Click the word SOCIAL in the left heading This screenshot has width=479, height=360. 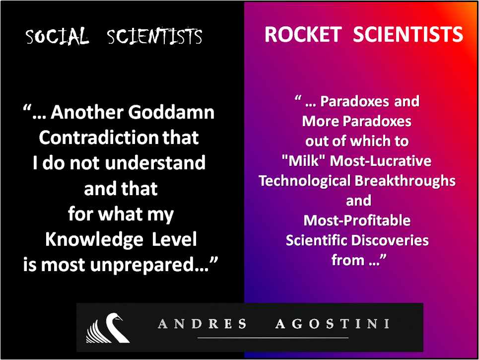tap(57, 36)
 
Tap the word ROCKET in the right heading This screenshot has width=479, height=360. tap(303, 34)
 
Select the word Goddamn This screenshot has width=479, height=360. tap(171, 112)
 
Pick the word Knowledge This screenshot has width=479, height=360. tap(94, 240)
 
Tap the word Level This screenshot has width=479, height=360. tap(174, 239)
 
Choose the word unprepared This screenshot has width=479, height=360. tap(144, 265)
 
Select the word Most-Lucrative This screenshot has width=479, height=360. tap(381, 161)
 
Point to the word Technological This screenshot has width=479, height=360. tap(305, 181)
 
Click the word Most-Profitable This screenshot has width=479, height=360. tap(357, 220)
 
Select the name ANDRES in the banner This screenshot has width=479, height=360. tap(202, 324)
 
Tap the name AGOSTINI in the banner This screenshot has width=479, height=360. tap(333, 324)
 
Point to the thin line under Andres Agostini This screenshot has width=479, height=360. tap(273, 338)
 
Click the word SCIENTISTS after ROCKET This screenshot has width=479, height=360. tap(408, 34)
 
